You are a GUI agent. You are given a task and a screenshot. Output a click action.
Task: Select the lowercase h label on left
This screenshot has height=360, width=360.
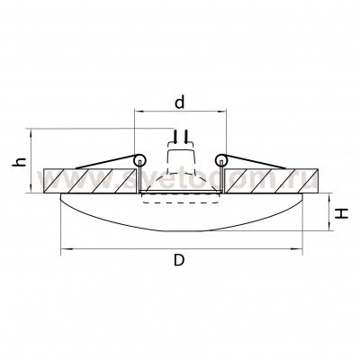pyautogui.click(x=18, y=163)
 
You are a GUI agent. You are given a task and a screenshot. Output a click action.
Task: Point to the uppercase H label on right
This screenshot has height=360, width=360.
pyautogui.click(x=344, y=214)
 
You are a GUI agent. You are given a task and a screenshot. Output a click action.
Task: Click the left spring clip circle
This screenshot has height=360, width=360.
pyautogui.click(x=139, y=159)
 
